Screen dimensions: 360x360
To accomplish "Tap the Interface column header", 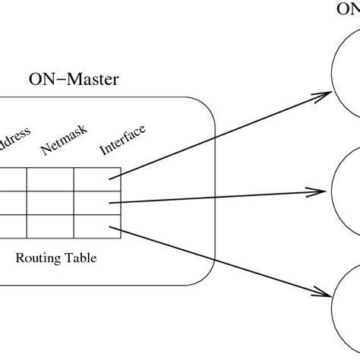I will (122, 140).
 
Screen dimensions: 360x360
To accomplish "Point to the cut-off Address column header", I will (14, 141).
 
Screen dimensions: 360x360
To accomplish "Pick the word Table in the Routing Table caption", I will (80, 257).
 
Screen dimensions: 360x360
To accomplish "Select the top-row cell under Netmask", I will (50, 178).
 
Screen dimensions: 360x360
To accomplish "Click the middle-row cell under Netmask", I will (50, 201).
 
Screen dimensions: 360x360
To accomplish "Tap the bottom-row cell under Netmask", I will (50, 224).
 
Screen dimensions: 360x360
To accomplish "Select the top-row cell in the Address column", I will (13, 178).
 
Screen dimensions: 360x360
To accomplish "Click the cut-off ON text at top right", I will (349, 9).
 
